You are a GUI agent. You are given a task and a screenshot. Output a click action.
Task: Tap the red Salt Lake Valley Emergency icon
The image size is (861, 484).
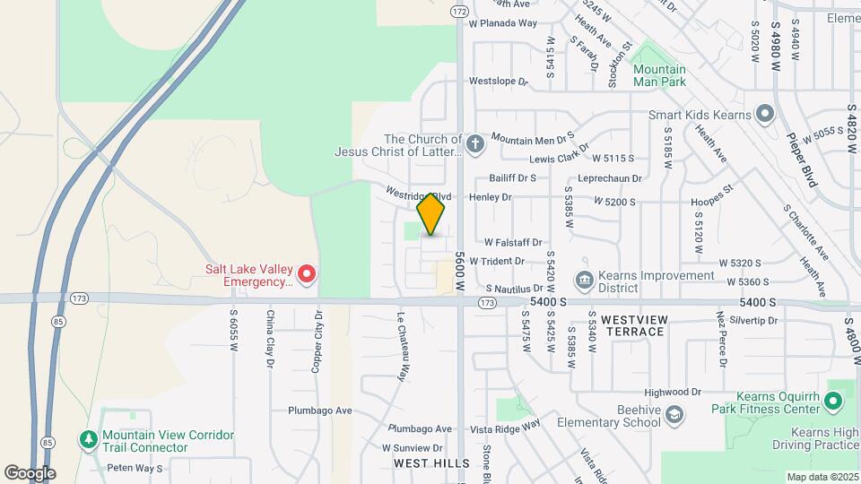(307, 273)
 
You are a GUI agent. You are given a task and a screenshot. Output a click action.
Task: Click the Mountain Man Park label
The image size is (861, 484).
(658, 75)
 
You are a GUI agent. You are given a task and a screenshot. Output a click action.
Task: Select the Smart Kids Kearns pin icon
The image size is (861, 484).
(764, 114)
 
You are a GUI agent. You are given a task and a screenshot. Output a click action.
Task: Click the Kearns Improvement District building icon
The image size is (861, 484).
(584, 281)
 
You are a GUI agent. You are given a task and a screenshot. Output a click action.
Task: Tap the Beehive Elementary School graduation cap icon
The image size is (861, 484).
(674, 414)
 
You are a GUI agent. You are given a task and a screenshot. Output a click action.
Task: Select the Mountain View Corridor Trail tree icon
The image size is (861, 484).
(88, 439)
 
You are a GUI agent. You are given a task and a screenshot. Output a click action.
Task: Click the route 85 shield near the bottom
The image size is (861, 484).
(46, 442)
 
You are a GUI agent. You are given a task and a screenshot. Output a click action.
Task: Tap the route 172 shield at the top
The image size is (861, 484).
(459, 12)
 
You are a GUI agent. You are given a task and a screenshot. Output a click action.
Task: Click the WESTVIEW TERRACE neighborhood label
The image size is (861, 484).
(633, 325)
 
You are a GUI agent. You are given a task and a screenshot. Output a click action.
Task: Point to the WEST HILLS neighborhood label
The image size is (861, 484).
(431, 463)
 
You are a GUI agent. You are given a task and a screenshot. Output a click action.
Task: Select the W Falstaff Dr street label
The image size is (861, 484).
(514, 242)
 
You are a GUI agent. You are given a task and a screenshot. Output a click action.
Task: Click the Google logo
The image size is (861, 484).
(30, 473)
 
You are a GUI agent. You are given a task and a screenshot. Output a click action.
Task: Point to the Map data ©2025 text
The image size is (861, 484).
(822, 477)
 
